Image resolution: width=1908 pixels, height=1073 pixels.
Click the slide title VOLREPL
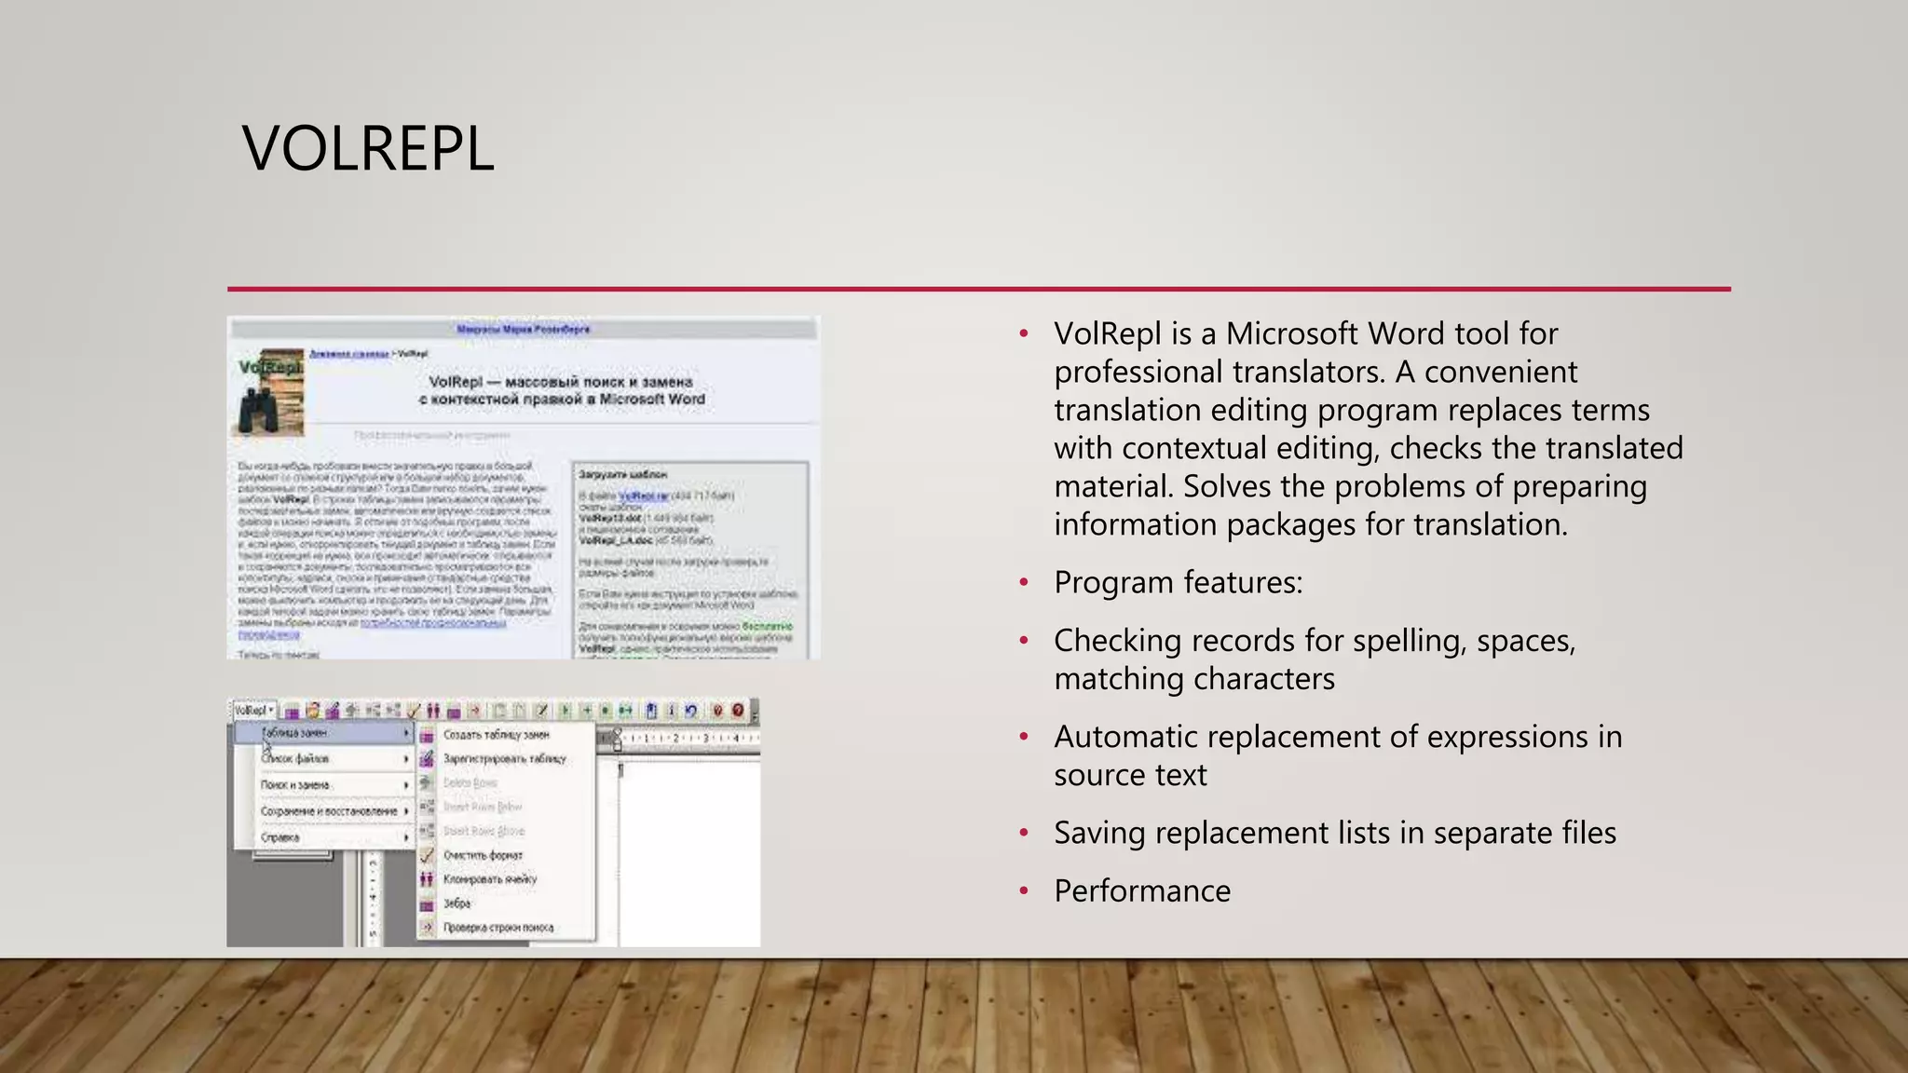367,149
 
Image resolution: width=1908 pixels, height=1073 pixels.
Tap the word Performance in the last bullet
1142,891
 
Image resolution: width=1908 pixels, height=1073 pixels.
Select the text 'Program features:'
1178,583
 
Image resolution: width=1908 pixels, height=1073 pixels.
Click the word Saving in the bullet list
1099,834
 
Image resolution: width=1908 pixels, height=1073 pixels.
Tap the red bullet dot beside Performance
1024,891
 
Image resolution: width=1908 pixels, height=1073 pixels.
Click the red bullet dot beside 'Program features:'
1024,583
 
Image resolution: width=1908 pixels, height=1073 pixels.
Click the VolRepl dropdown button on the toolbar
253,711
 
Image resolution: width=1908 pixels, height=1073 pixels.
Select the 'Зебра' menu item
457,903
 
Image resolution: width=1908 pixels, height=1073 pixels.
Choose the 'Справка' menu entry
279,837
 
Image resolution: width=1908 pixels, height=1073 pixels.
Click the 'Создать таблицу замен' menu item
496,735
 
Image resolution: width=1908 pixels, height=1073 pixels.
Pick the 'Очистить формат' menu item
483,855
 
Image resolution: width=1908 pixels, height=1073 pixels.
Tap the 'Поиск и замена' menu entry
294,785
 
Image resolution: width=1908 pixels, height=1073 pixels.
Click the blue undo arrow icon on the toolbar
691,711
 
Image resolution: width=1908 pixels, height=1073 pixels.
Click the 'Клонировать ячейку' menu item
489,879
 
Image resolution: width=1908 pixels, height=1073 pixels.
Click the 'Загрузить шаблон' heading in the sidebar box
622,475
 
